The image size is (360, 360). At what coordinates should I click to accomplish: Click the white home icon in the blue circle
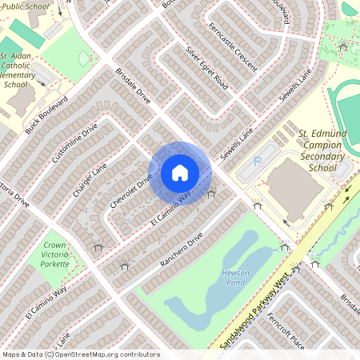point(180,172)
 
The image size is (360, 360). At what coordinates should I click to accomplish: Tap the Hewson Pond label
point(235,278)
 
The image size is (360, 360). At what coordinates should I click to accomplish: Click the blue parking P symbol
point(258,162)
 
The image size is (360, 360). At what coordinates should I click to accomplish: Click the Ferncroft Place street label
point(308,330)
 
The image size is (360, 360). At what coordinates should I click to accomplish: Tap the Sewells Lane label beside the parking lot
point(238,140)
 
